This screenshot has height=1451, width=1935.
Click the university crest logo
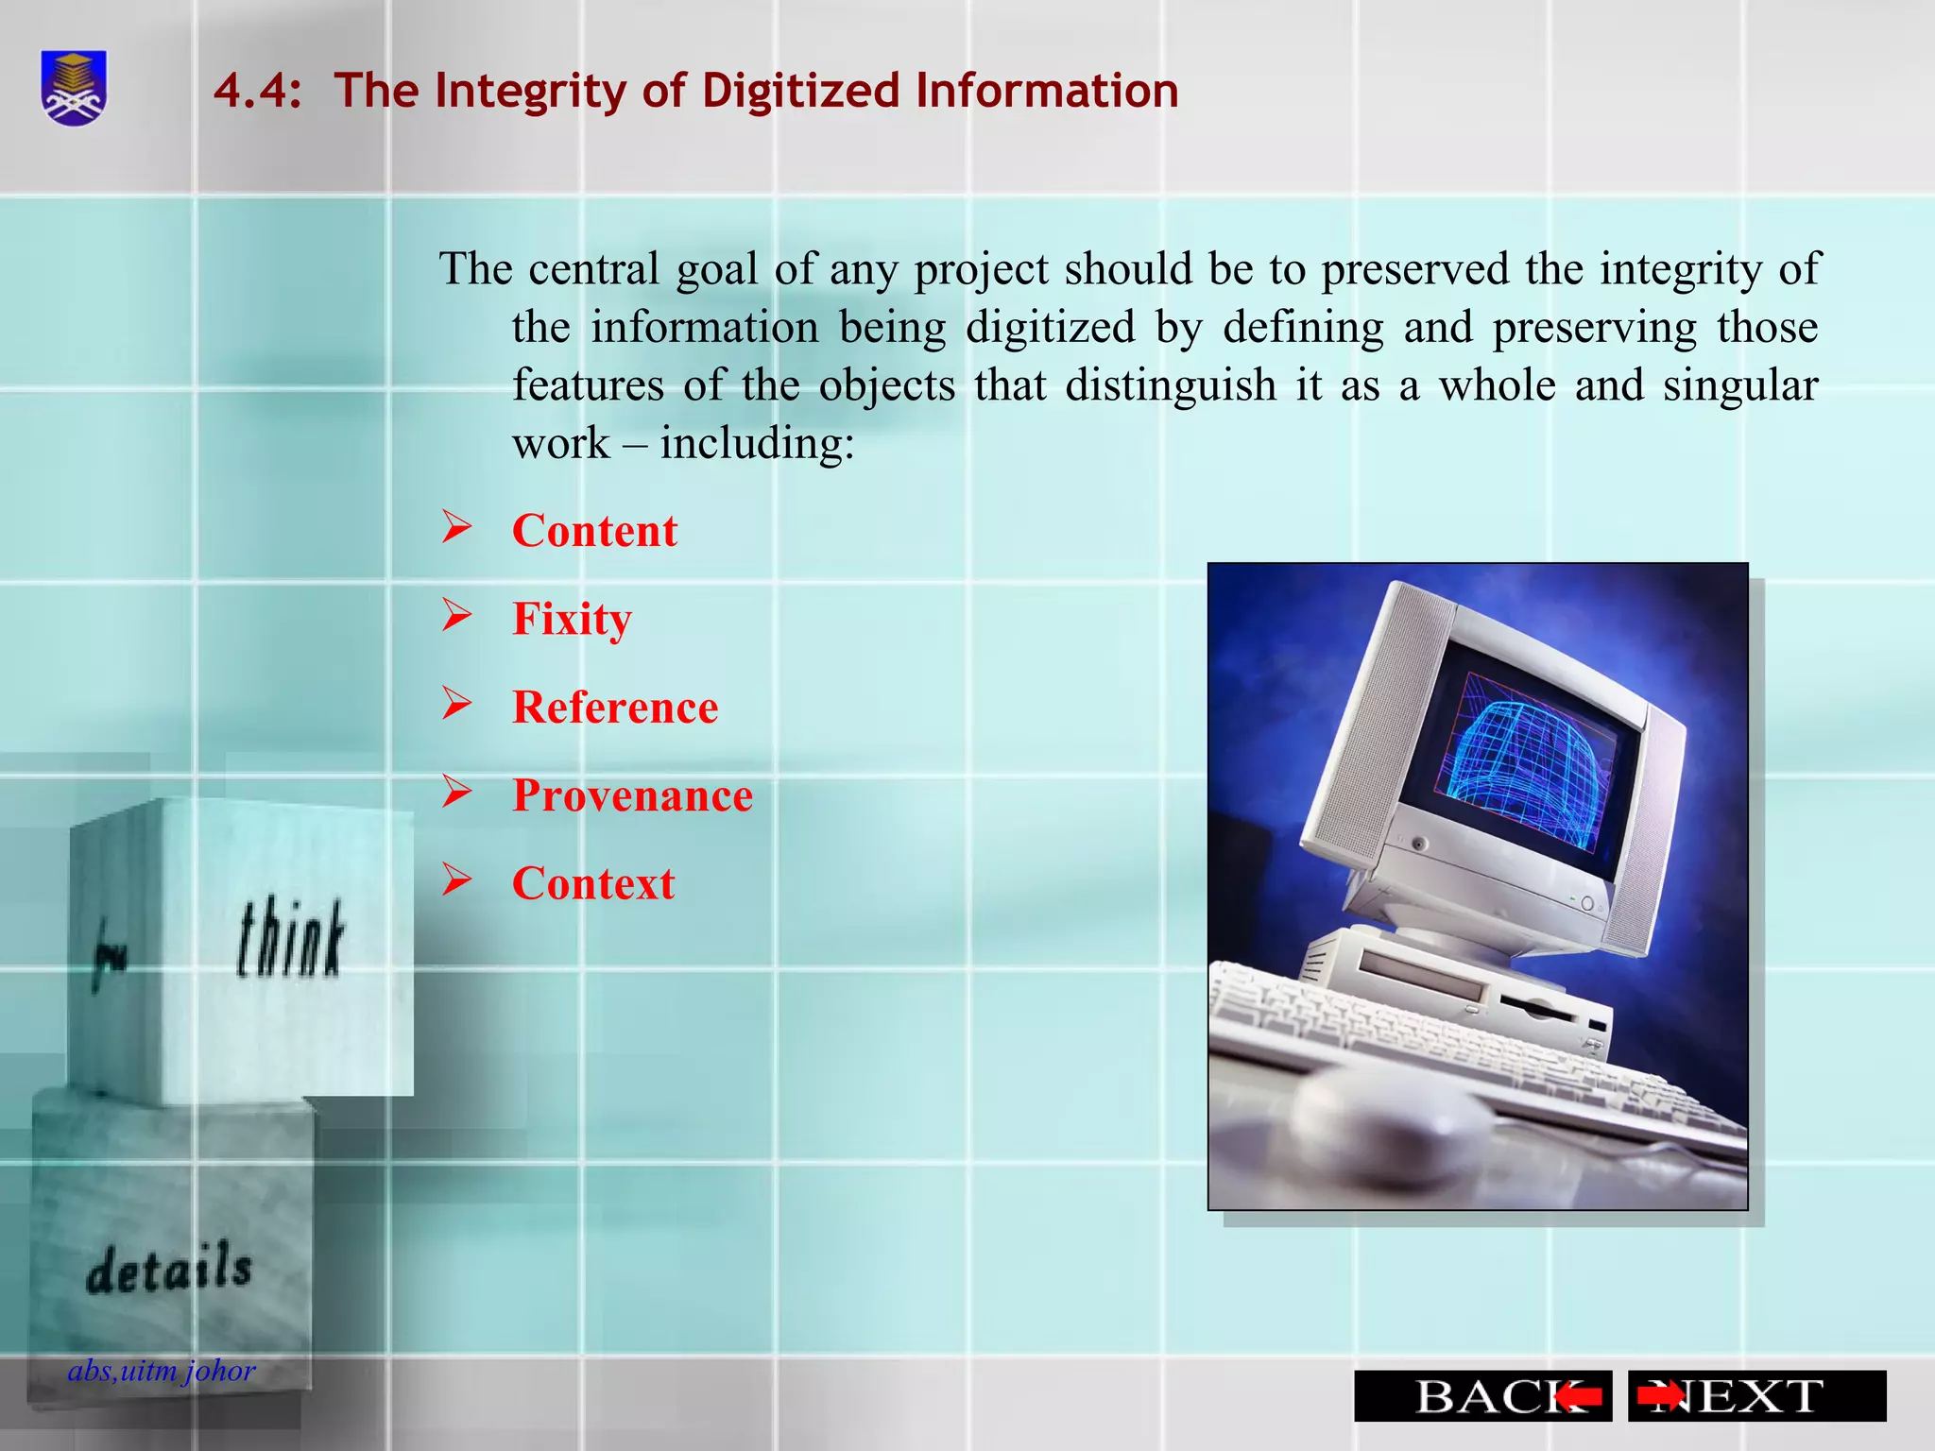(x=74, y=88)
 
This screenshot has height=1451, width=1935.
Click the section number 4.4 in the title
(x=257, y=92)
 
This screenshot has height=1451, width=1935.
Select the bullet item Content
(x=594, y=531)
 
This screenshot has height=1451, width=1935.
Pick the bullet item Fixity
(x=572, y=620)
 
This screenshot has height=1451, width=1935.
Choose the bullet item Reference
(x=615, y=708)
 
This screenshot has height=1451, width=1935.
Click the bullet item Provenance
(x=632, y=795)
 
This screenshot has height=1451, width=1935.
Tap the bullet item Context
(x=593, y=884)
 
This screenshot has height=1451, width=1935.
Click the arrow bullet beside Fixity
(x=457, y=616)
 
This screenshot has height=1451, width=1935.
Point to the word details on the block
(x=169, y=1270)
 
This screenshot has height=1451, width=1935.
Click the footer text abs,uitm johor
(x=162, y=1371)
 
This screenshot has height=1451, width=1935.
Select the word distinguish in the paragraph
(x=1171, y=385)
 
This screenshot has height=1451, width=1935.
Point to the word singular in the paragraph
(x=1740, y=385)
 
